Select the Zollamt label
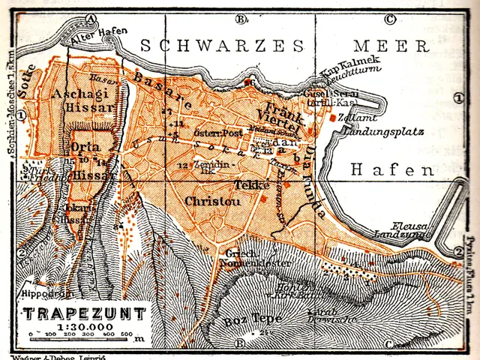[352, 118]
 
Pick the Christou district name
[208, 200]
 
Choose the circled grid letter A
[90, 19]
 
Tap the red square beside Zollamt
[331, 118]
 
